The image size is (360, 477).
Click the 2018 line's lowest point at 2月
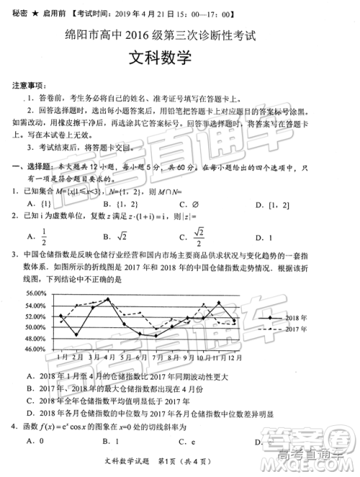(x=76, y=335)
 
